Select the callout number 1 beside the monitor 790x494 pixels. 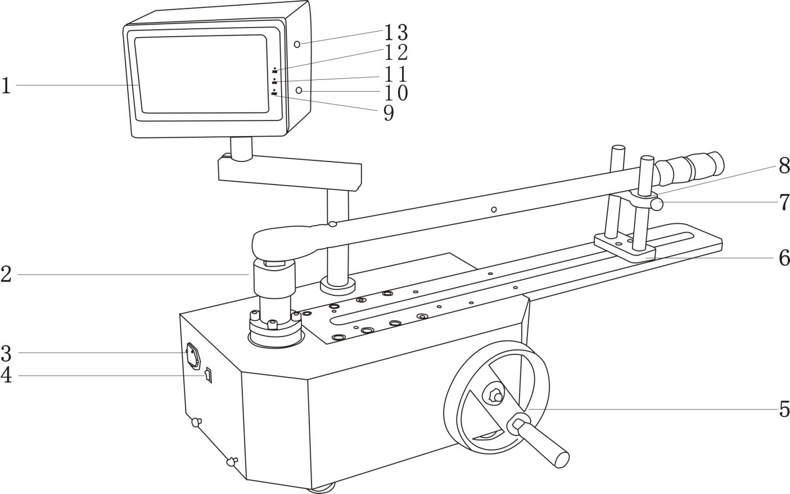point(6,86)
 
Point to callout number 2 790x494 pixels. point(6,275)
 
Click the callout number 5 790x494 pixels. point(783,410)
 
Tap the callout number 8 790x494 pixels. point(783,165)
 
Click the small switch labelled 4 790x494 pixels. point(208,375)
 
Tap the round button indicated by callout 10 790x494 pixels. point(299,91)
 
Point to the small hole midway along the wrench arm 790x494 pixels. point(494,209)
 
